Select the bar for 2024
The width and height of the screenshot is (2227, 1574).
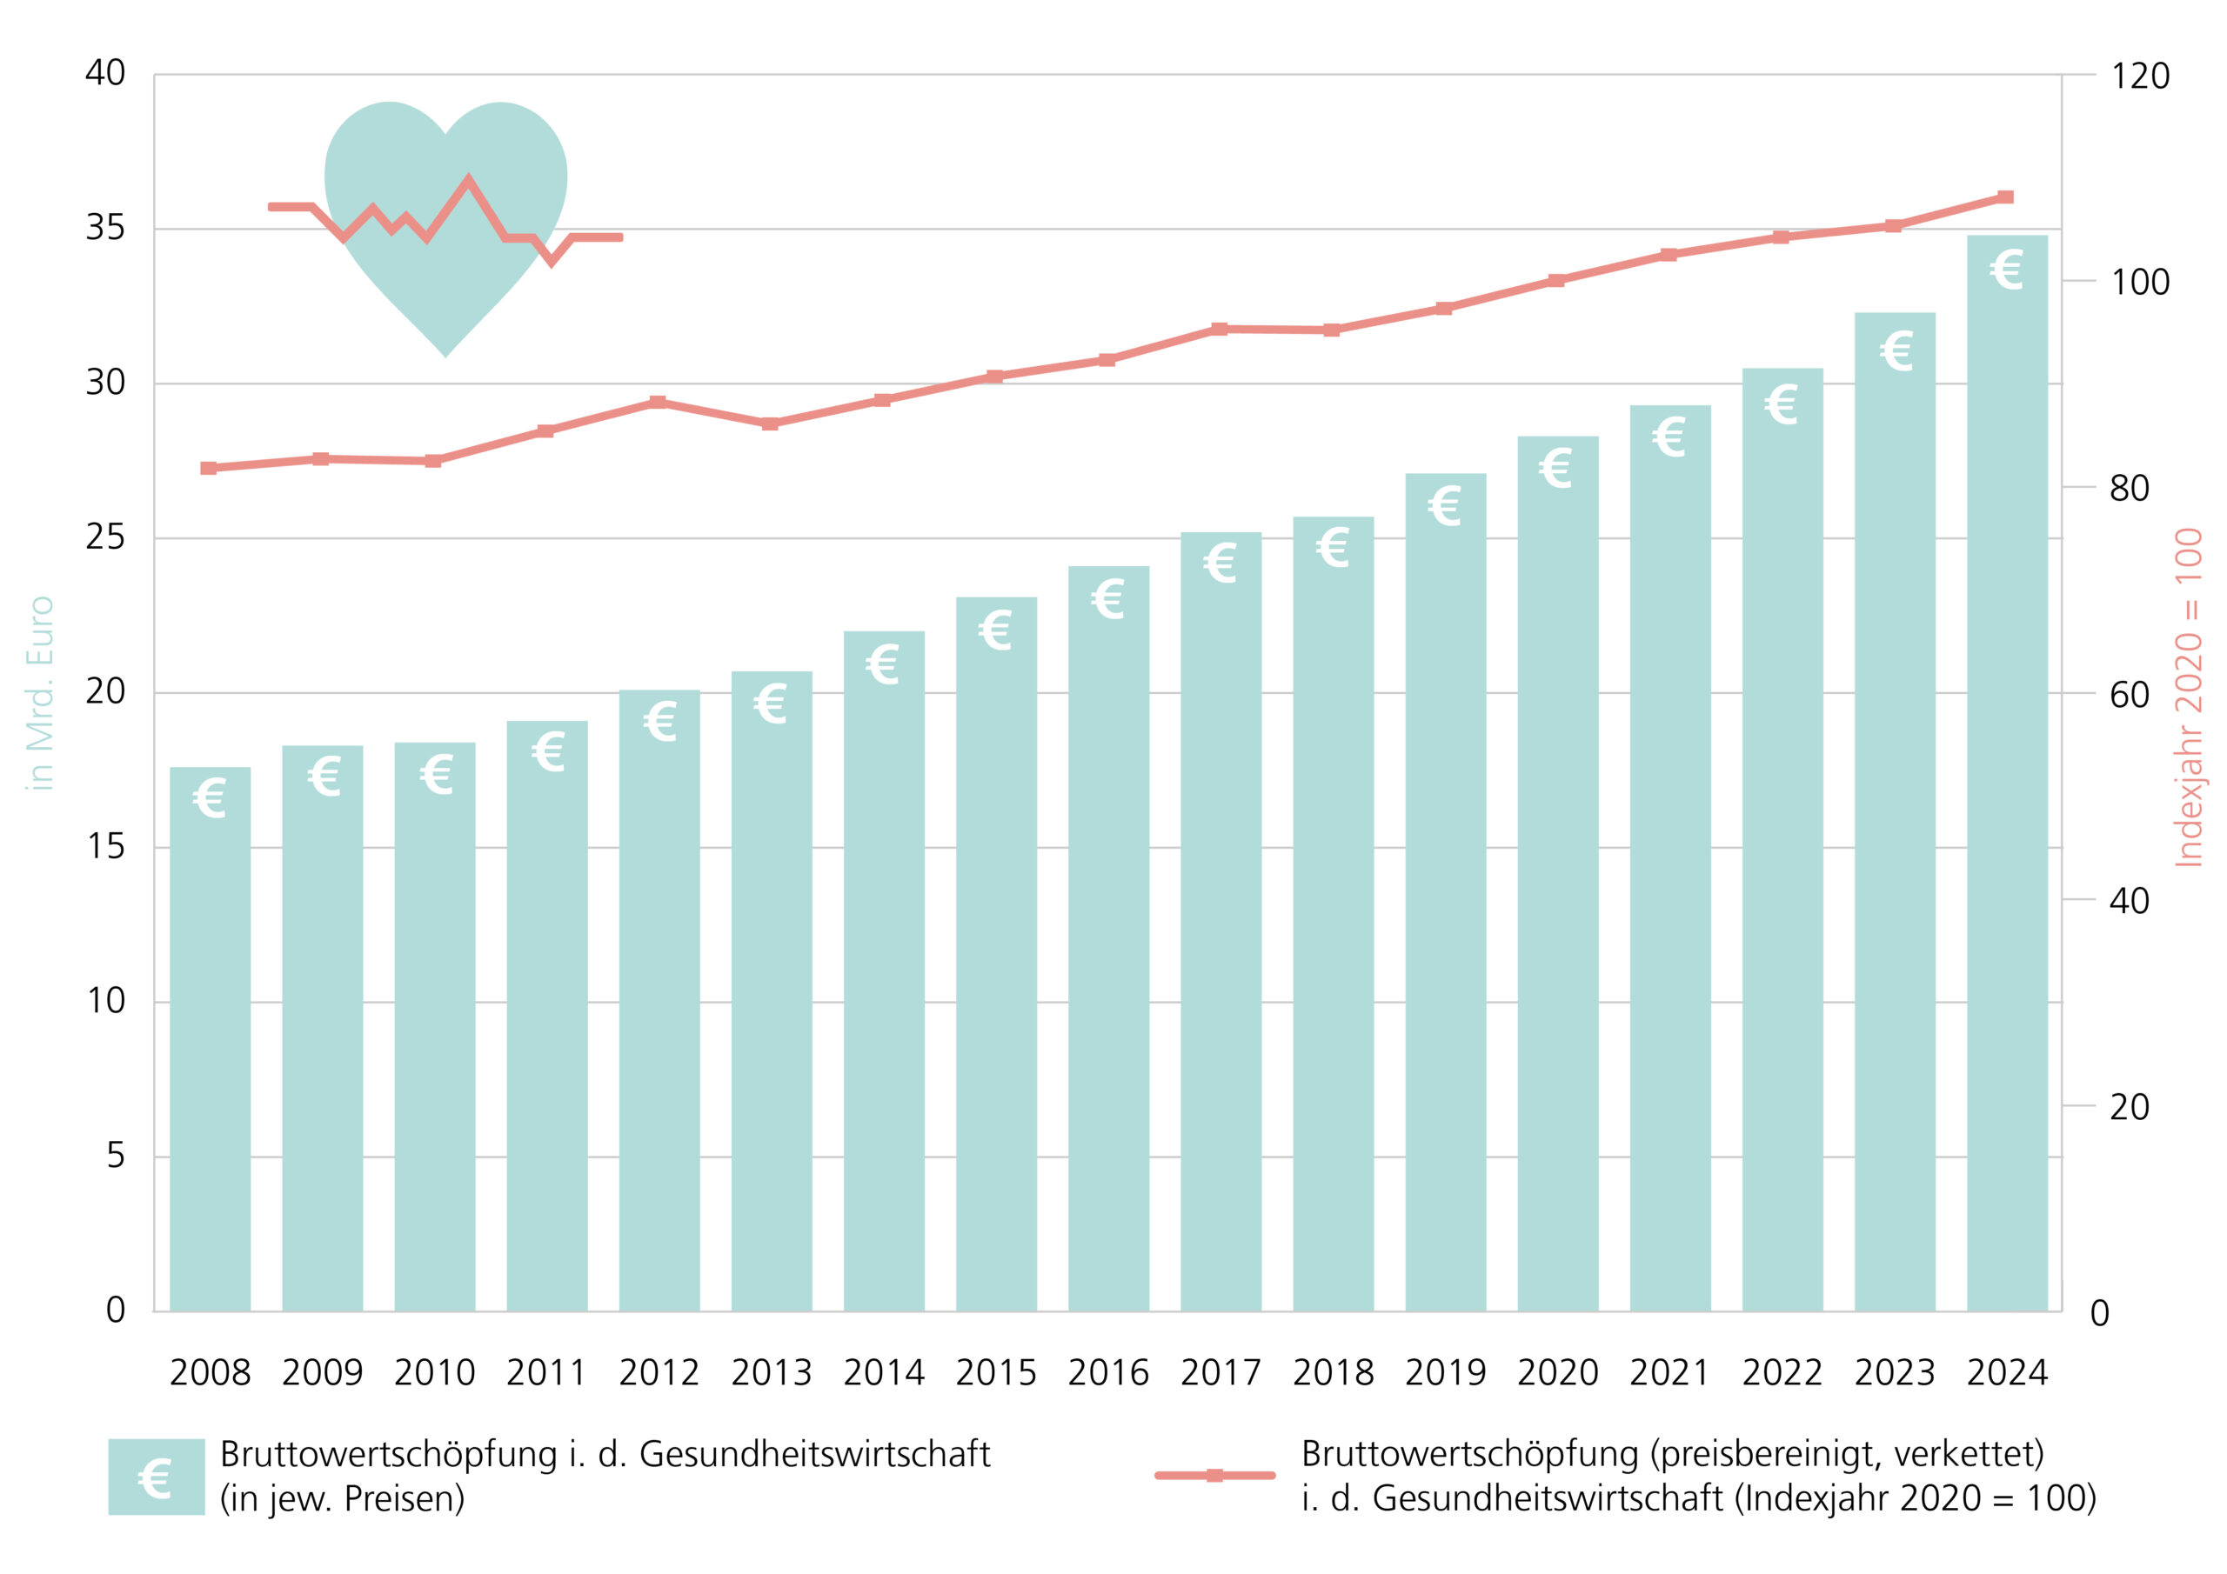pos(2006,776)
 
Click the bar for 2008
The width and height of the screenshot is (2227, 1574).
pos(210,1037)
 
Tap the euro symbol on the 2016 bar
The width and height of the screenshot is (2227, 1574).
pos(1107,598)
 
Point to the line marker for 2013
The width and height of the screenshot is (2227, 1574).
pos(769,424)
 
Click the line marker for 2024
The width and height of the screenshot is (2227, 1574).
pos(2006,197)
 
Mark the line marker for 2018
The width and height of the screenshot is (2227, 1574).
pos(1332,330)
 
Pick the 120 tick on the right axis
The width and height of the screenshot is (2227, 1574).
pos(2140,76)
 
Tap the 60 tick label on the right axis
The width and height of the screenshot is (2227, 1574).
pos(2129,694)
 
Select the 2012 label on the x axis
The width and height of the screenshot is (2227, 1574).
pos(659,1373)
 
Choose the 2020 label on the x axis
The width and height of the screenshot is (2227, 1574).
pos(1557,1373)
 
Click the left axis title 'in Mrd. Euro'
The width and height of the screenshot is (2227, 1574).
pos(40,692)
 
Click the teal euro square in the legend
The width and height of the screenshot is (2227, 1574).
pos(157,1476)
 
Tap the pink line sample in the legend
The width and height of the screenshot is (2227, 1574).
pos(1214,1475)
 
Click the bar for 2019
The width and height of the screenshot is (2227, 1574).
pos(1444,892)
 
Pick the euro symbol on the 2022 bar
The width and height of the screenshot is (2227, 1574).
pos(1781,404)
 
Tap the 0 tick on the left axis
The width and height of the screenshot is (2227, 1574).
pos(116,1311)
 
